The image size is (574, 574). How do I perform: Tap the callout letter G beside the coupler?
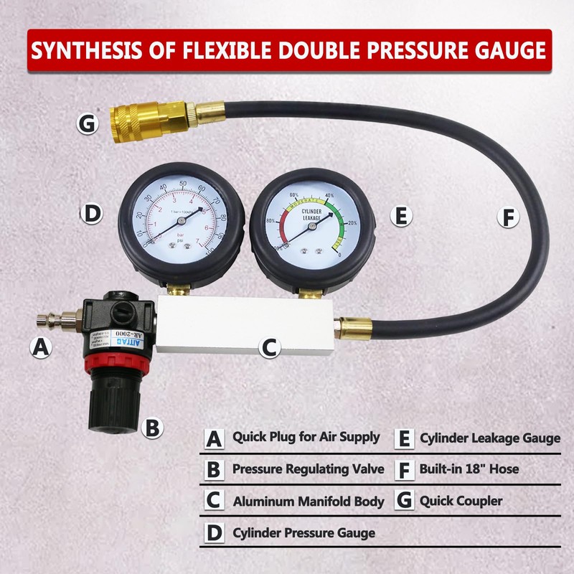click(87, 124)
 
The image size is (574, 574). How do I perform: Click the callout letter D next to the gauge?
click(91, 213)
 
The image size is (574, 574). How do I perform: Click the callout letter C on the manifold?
click(268, 348)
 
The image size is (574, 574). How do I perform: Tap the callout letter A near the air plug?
click(42, 348)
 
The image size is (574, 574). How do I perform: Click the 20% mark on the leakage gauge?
click(352, 223)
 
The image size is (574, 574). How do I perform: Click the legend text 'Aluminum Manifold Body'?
click(309, 502)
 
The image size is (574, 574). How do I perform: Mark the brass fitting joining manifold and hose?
click(354, 328)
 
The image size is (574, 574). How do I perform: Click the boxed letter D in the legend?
click(213, 534)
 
